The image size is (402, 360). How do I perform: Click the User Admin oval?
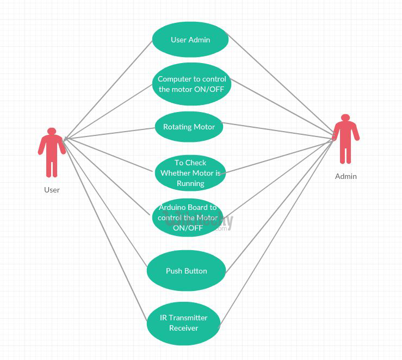coord(190,40)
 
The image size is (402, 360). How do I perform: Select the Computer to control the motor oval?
coord(191,84)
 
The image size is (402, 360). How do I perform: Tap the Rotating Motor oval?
coord(189,127)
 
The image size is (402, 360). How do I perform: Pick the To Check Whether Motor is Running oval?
coord(190,173)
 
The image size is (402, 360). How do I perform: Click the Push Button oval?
coord(186,271)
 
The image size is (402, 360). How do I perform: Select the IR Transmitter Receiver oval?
coord(183,323)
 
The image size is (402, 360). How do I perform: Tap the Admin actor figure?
coord(345,140)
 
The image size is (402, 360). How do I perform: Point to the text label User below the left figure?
coord(52,190)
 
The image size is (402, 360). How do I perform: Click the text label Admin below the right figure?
coord(345,176)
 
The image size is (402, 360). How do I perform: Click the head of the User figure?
coord(52,131)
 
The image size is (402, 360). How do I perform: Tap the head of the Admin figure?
coord(345,117)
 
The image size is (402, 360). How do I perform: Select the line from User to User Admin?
coord(109,90)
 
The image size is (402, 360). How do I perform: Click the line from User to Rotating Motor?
coord(109,134)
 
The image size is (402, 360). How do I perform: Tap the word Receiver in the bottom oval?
coord(183,328)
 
